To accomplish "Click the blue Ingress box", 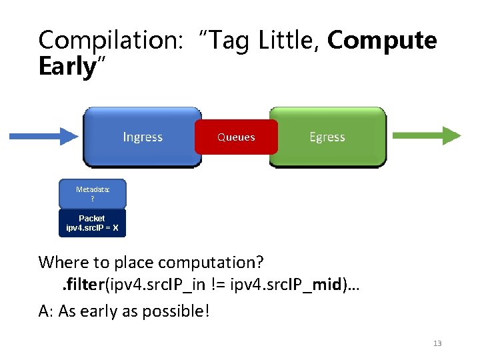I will click(142, 137).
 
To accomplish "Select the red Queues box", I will click(236, 137).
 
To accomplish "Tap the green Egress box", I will click(327, 137).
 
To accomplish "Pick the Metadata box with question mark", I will click(92, 194).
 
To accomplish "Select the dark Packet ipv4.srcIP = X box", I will click(92, 223).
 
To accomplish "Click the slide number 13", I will click(437, 343).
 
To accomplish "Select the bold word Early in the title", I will click(67, 67).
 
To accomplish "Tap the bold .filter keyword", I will click(82, 287).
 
